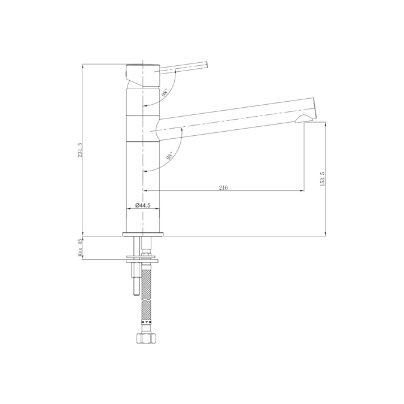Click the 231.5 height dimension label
pyautogui.click(x=80, y=150)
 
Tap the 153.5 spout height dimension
pyautogui.click(x=322, y=179)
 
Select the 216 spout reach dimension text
pyautogui.click(x=223, y=187)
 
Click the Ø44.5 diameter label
pyautogui.click(x=142, y=205)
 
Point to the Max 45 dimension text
pyautogui.click(x=80, y=247)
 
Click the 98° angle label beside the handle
pyautogui.click(x=164, y=92)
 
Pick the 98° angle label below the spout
pyautogui.click(x=170, y=157)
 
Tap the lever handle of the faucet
pyautogui.click(x=183, y=67)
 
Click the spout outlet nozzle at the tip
pyautogui.click(x=306, y=119)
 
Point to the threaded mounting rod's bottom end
pyautogui.click(x=136, y=293)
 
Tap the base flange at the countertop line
pyautogui.click(x=143, y=233)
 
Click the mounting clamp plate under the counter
pyautogui.click(x=142, y=259)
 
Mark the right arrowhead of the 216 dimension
pyautogui.click(x=299, y=191)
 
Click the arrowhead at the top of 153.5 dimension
pyautogui.click(x=326, y=124)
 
